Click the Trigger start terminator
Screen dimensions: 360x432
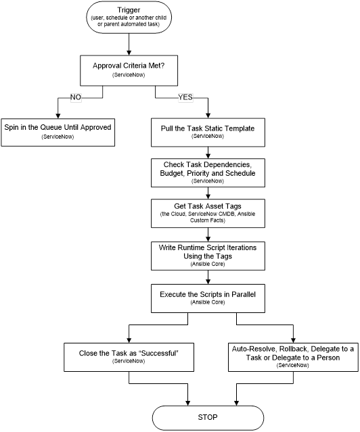tap(129, 18)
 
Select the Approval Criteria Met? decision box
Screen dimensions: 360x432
tap(129, 70)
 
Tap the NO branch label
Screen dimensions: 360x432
tap(76, 97)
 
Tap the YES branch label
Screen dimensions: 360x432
tap(185, 97)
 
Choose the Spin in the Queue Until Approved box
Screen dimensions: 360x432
tap(58, 133)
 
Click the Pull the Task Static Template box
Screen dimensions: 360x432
tap(208, 133)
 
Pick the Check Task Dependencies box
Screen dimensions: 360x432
tap(208, 173)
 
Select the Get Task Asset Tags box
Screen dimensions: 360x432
tap(208, 213)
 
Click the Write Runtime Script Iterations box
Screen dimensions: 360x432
tap(208, 256)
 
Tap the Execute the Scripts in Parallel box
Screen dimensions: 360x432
tap(208, 298)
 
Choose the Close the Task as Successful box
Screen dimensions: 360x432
tap(129, 358)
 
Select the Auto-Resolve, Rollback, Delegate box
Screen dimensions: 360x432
tap(293, 358)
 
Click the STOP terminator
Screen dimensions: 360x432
tap(208, 418)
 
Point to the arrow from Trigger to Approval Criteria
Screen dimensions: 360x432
tap(129, 45)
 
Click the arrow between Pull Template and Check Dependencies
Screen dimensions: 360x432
tap(208, 153)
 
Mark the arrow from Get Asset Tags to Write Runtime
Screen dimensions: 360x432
tap(208, 235)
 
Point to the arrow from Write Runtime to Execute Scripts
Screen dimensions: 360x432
tap(208, 277)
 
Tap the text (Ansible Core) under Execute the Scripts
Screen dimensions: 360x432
tap(208, 302)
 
